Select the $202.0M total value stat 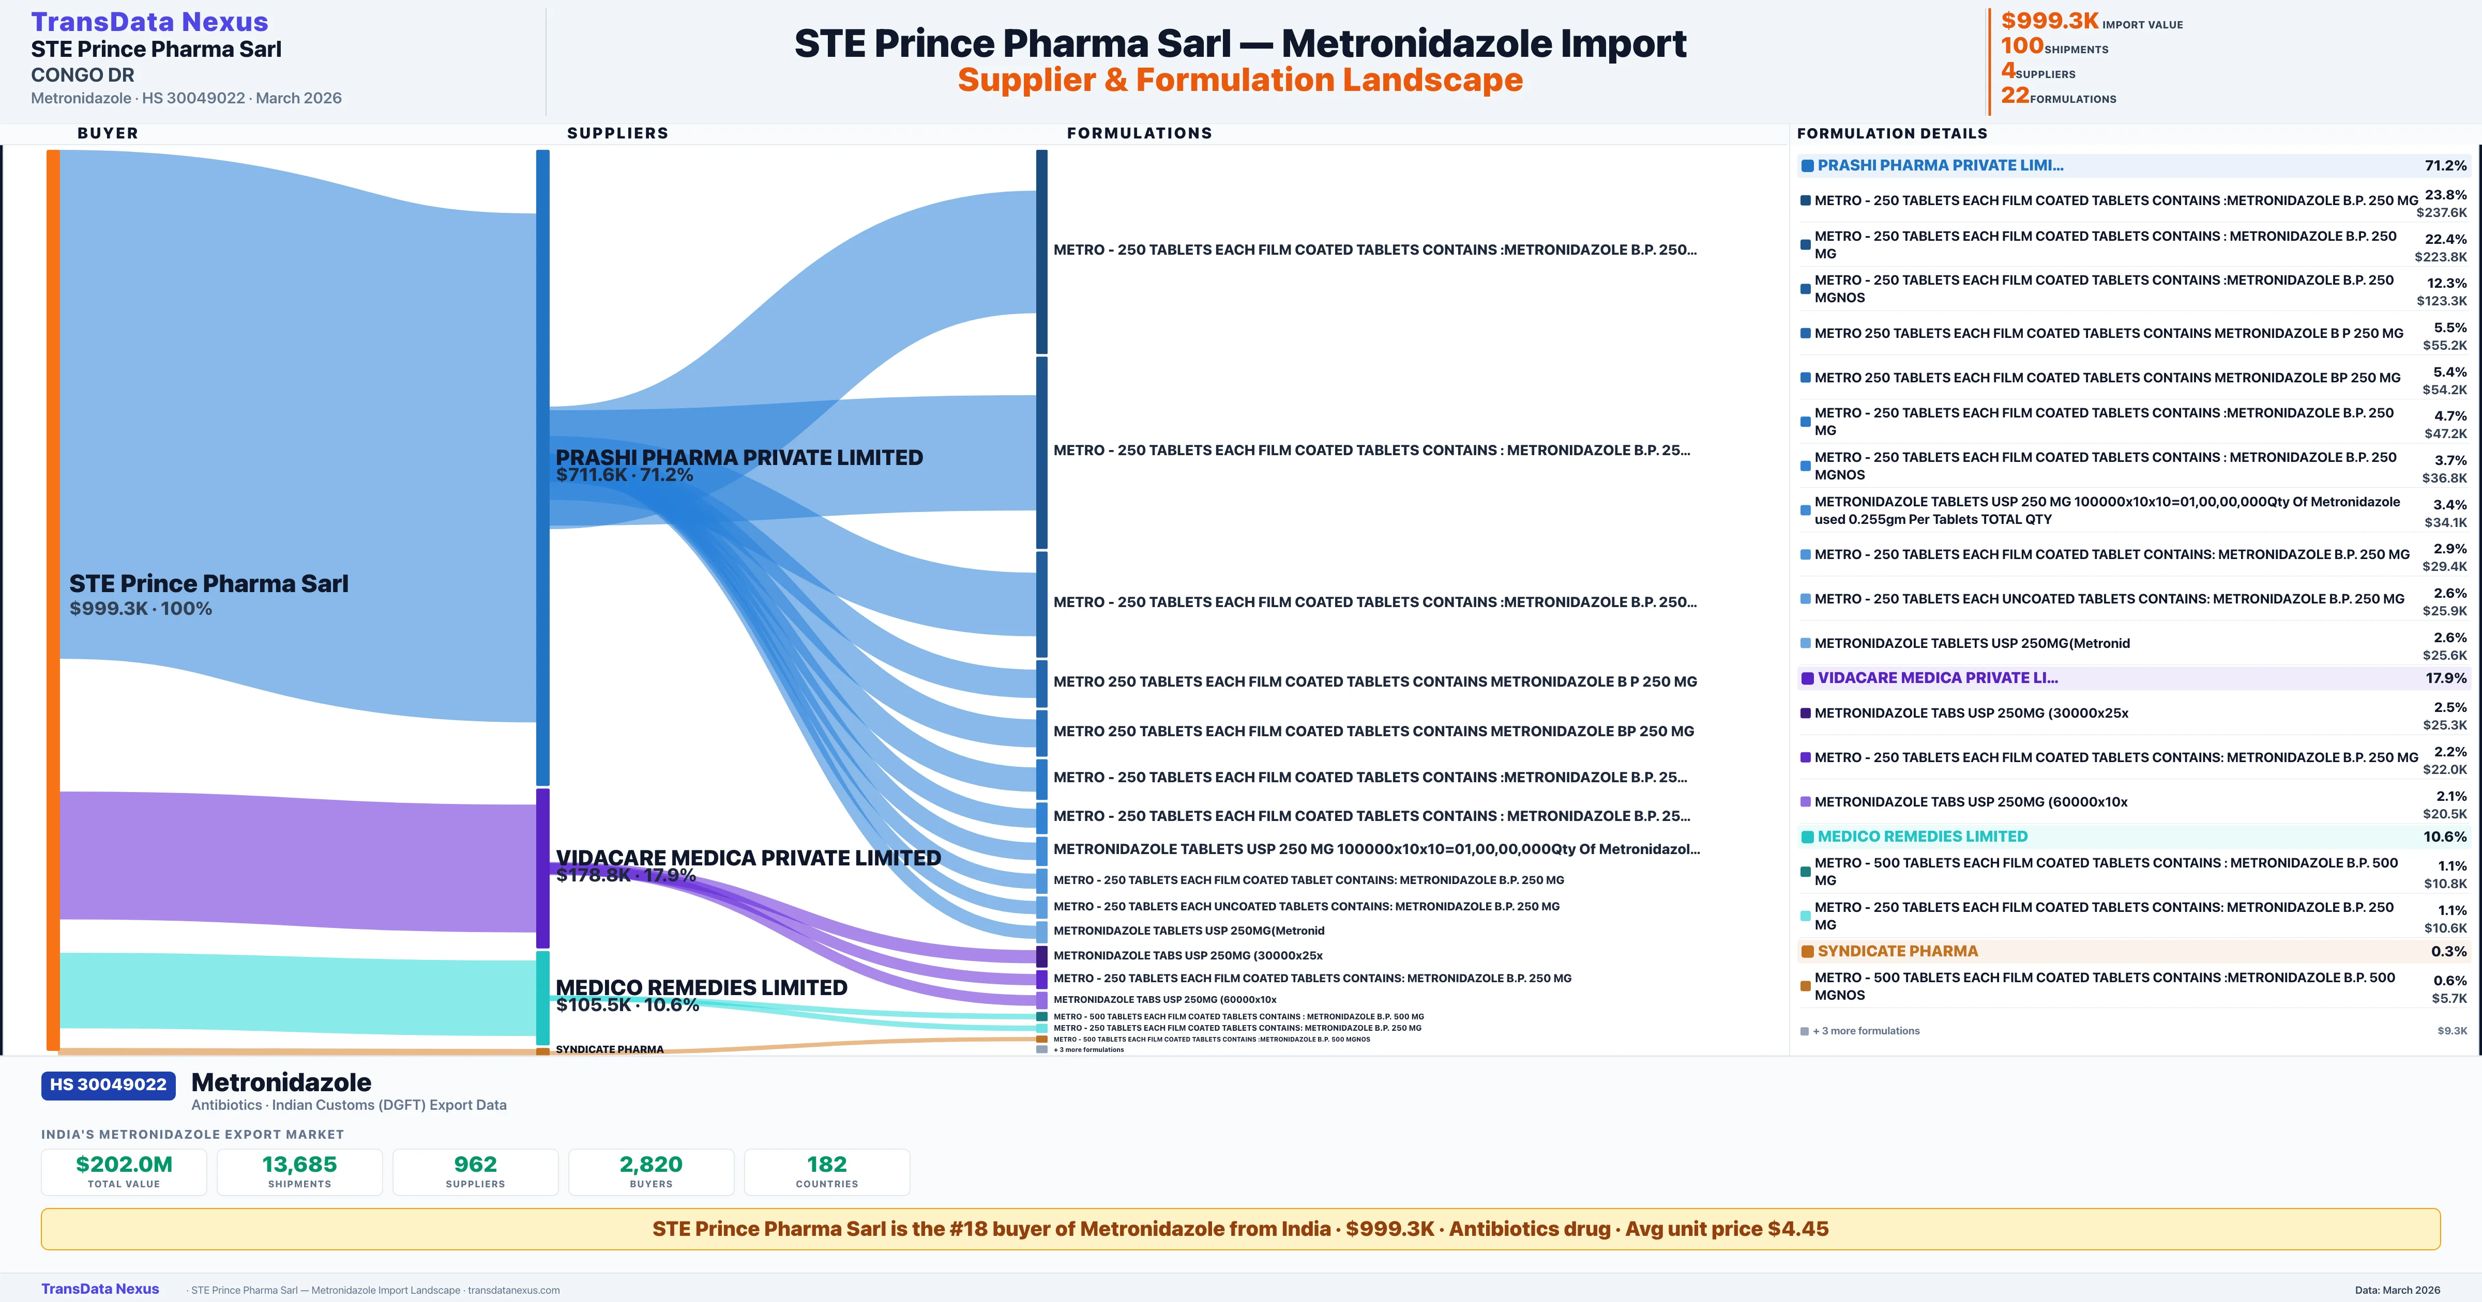124,1164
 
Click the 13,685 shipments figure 300,1164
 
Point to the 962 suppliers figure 475,1164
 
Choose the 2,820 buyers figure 652,1164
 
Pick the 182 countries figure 827,1164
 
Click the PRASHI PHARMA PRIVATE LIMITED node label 739,457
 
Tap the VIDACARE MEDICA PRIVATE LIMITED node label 748,858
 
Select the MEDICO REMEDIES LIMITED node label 702,987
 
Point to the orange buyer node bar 53,597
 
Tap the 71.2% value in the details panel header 2445,166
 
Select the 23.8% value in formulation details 2445,195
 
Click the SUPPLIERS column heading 617,133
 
